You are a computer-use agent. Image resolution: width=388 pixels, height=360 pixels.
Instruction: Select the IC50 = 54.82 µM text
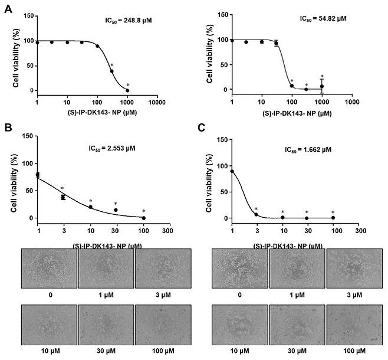coord(323,18)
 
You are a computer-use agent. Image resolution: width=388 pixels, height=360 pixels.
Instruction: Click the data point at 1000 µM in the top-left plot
coord(127,90)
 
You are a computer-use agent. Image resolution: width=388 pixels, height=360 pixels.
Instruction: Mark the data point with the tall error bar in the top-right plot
coord(322,86)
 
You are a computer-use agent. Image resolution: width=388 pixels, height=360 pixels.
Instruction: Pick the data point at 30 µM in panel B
coord(116,210)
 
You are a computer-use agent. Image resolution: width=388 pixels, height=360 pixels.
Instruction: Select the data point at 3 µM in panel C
coord(257,214)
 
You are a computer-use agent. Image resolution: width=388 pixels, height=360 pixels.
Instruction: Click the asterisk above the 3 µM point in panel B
coord(62,189)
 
